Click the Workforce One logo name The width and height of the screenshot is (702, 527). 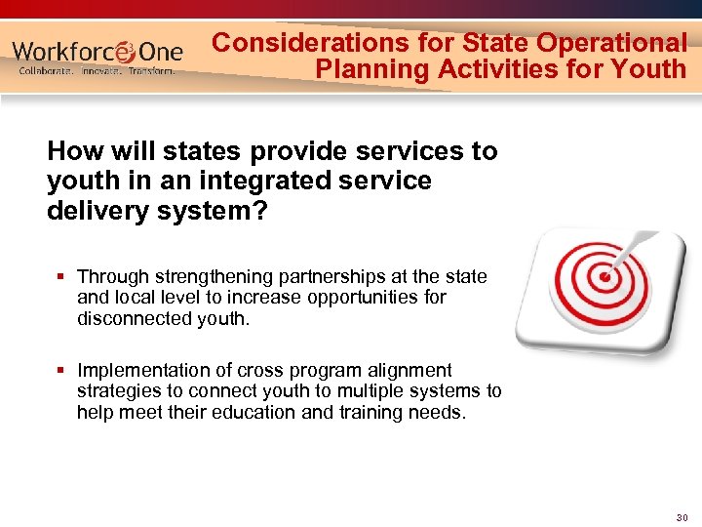pos(97,50)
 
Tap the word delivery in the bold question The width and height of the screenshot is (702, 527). pos(91,212)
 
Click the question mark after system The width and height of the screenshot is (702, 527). pos(260,212)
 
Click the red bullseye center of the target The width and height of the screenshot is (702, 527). pos(605,276)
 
